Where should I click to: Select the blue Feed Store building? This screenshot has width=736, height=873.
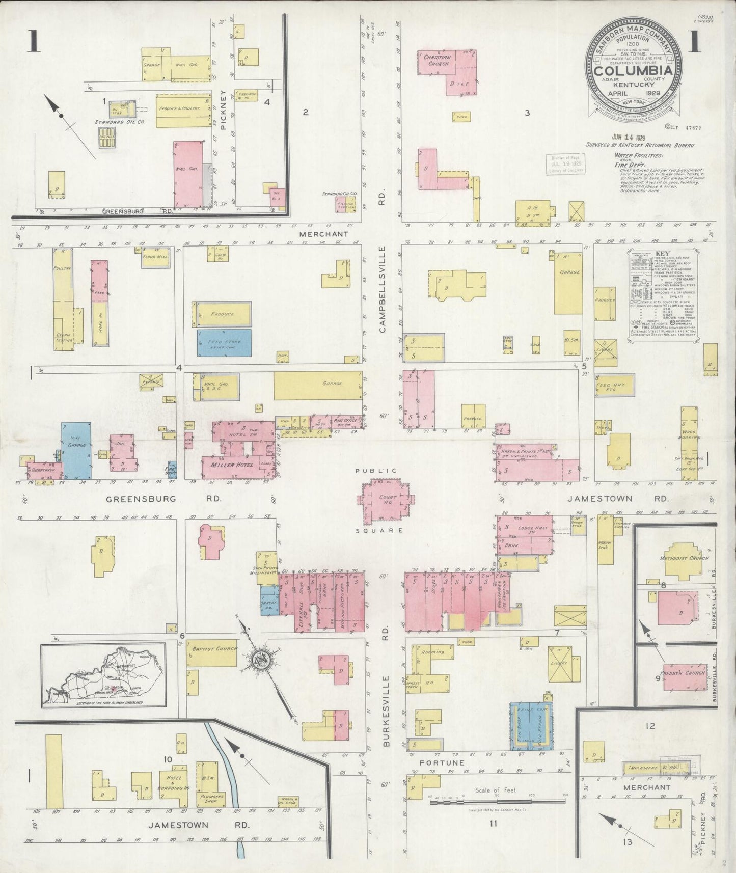pyautogui.click(x=224, y=342)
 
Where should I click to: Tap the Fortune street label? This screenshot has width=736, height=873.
pyautogui.click(x=442, y=777)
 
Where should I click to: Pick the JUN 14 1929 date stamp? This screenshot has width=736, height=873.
pyautogui.click(x=629, y=137)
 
